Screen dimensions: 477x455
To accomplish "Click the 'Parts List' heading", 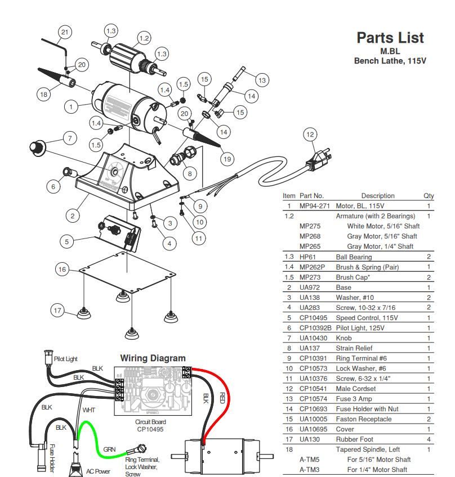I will coord(390,38).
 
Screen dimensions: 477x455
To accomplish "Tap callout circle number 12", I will coord(310,134).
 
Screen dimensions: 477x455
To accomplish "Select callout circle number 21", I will coord(65,32).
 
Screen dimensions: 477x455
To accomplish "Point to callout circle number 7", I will coord(70,138).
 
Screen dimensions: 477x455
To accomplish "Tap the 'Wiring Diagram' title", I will coord(153,358).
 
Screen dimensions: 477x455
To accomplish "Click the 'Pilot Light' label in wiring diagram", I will coord(66,358).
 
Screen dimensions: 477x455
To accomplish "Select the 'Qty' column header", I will coord(429,196).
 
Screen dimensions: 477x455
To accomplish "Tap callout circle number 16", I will coord(63,269).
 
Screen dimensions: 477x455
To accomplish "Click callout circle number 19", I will coord(226,159).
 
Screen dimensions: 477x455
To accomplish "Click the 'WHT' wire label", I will coord(89,410).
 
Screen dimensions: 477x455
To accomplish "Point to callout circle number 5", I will coord(67,242).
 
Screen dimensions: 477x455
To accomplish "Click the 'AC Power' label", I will coord(97,471).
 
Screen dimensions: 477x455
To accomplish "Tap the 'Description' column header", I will coord(377,196).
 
